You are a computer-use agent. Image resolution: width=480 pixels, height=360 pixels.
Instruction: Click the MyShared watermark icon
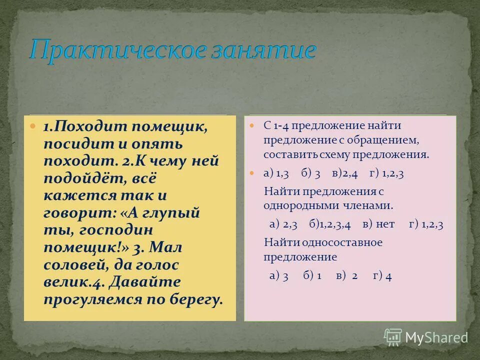pos(393,337)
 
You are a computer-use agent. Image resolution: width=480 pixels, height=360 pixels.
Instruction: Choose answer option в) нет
pos(378,224)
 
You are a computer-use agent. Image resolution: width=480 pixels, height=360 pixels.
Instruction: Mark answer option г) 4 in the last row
pos(382,275)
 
